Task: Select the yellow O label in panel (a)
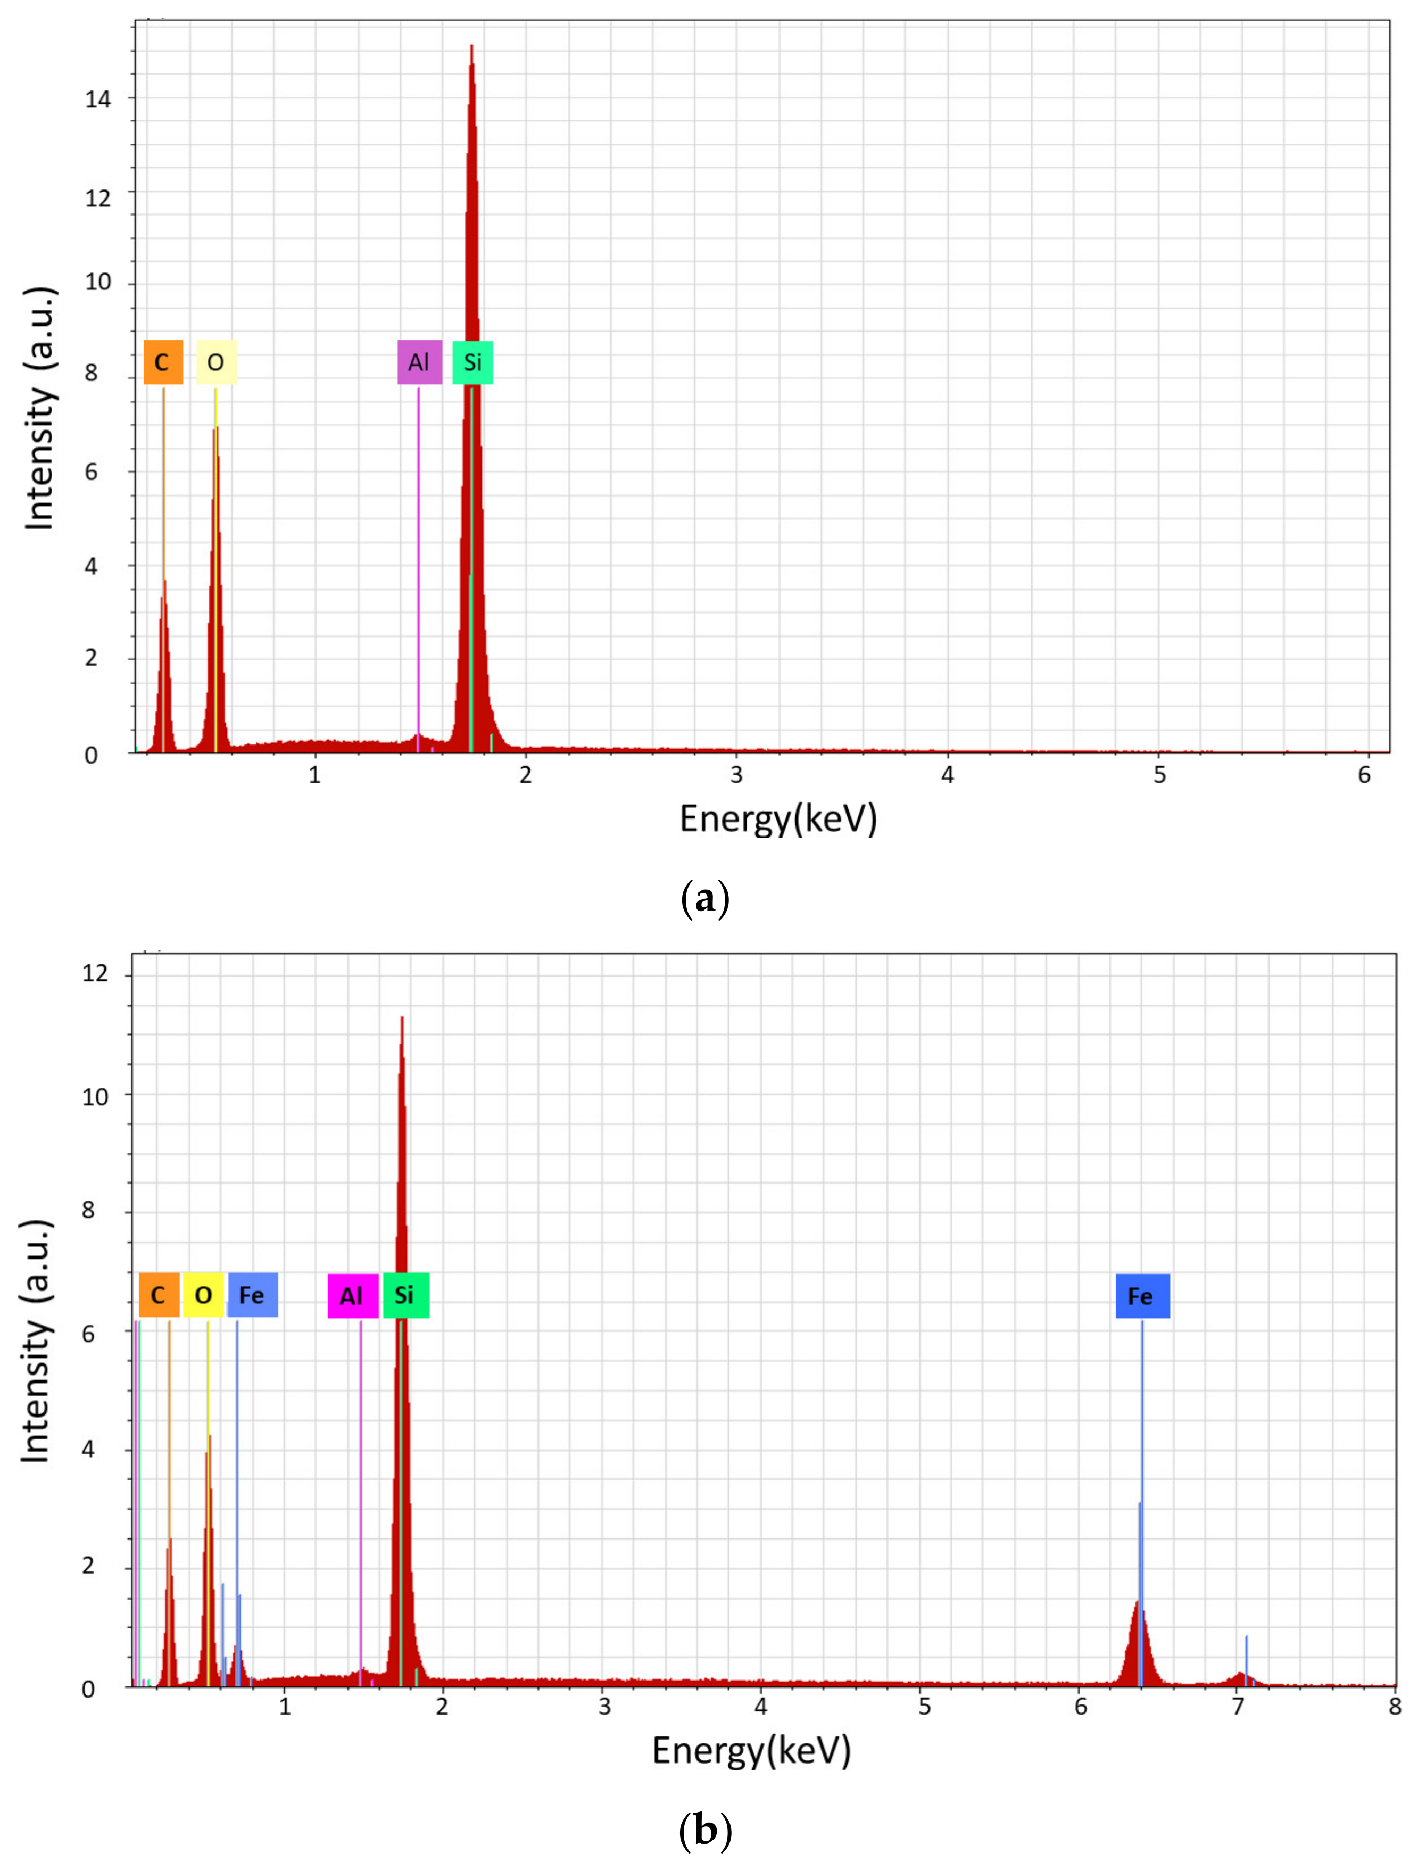[x=217, y=363]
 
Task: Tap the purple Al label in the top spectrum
[x=419, y=363]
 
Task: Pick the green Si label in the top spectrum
[x=472, y=363]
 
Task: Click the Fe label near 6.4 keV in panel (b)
[x=1142, y=1296]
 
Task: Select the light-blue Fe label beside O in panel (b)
[x=252, y=1295]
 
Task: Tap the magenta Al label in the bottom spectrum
[x=352, y=1296]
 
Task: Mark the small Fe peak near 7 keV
[x=1240, y=1674]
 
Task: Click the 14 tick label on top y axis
[x=98, y=100]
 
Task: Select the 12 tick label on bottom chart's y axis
[x=95, y=974]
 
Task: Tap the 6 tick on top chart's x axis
[x=1364, y=775]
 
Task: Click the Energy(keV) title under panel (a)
[x=778, y=819]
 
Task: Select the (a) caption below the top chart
[x=704, y=899]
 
